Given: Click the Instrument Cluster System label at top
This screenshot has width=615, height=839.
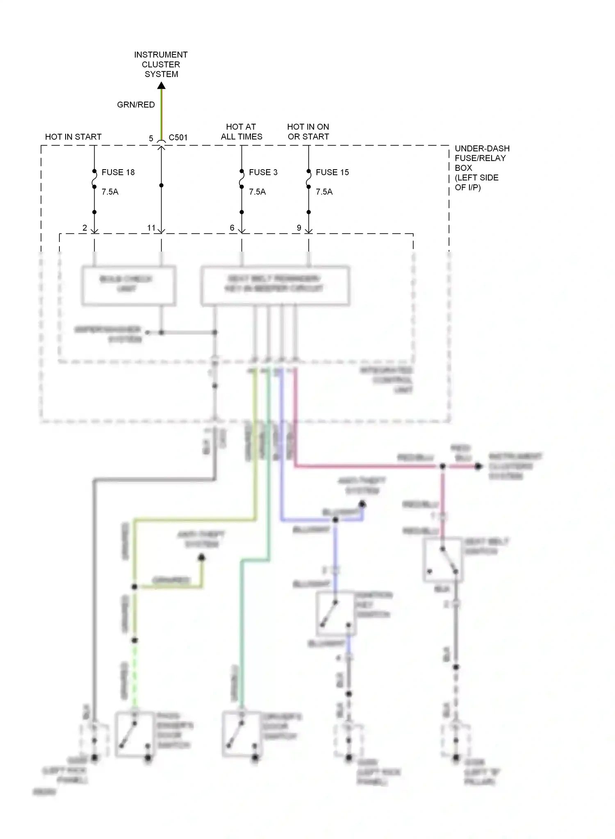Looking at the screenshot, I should (161, 64).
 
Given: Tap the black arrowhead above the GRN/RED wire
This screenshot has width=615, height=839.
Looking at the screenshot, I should (162, 85).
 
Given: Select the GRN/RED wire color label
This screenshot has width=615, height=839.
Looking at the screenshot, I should (136, 105).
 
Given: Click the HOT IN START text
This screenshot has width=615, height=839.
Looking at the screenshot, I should (73, 137).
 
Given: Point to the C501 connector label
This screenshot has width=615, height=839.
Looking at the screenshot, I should (178, 138).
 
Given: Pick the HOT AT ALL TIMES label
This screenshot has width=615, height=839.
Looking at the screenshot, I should (241, 132).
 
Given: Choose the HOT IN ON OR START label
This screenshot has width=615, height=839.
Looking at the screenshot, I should (308, 132).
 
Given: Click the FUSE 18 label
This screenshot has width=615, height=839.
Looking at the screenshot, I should (118, 172).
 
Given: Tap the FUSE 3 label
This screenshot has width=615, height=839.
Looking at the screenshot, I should (263, 172).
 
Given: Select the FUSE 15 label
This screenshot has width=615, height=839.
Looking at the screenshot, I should (332, 172).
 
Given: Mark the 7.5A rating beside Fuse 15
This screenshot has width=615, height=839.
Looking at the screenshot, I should (324, 192).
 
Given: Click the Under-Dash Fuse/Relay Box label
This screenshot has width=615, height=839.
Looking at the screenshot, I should (482, 168).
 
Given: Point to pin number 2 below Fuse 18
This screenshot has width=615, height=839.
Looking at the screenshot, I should (85, 228).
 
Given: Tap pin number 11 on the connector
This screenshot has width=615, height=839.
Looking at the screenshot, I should (151, 228).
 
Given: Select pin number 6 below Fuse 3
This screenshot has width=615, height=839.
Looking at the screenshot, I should (232, 228).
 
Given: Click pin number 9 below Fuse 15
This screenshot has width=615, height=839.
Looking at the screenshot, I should (299, 228).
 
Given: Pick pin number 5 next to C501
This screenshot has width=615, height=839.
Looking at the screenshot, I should (151, 138).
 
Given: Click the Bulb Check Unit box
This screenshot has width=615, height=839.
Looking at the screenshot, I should (128, 285).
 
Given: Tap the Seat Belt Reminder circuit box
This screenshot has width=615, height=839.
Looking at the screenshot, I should (275, 285).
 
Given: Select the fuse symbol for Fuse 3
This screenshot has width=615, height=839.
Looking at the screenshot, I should (241, 179).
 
